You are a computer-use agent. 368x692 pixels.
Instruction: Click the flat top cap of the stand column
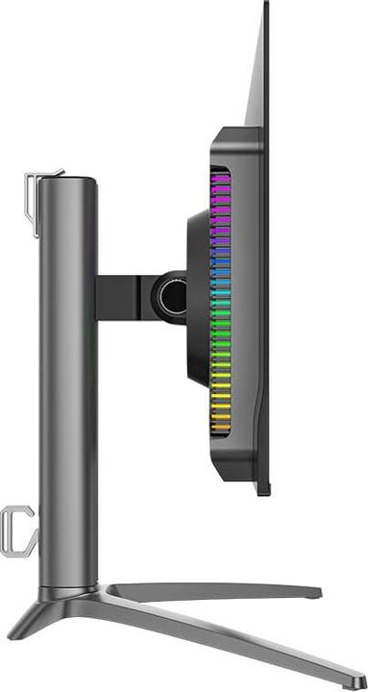pos(68,177)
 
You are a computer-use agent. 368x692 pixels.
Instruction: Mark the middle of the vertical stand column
pos(68,384)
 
